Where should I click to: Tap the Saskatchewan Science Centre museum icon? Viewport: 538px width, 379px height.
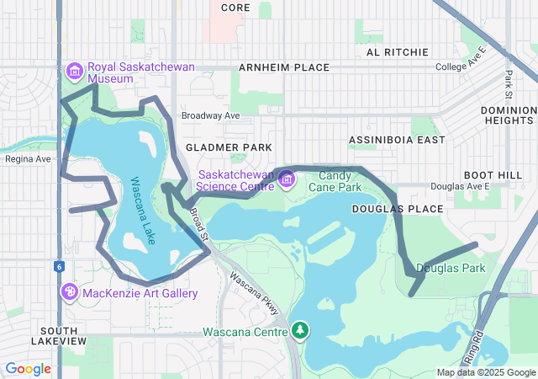click(x=287, y=179)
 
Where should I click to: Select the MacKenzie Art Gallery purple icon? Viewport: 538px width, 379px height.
click(x=70, y=292)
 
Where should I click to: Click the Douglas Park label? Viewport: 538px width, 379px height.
click(x=451, y=269)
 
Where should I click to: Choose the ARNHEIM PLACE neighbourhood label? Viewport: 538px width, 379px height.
click(x=283, y=67)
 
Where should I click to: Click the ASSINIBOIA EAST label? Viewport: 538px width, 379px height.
click(x=397, y=140)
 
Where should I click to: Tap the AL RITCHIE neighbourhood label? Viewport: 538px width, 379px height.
click(x=398, y=51)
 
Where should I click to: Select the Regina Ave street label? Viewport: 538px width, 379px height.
click(x=28, y=158)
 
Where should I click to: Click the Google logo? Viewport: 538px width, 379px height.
click(x=29, y=368)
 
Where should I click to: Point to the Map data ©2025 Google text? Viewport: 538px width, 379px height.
click(x=486, y=372)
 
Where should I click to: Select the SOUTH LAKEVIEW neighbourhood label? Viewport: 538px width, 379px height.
click(x=59, y=335)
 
